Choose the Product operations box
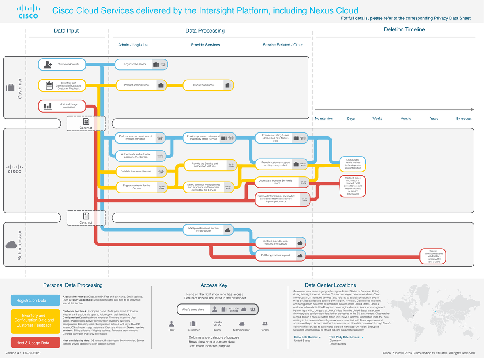click(208, 85)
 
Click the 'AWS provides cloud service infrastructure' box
click(208, 230)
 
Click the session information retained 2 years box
click(433, 256)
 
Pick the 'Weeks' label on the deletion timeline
click(377, 119)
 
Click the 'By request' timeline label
click(463, 119)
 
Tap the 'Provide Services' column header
click(205, 45)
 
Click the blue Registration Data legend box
click(34, 300)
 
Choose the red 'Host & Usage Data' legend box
click(34, 343)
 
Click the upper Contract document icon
click(86, 121)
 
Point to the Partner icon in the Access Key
click(265, 324)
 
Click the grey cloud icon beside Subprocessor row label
click(11, 245)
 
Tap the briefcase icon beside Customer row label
click(11, 88)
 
